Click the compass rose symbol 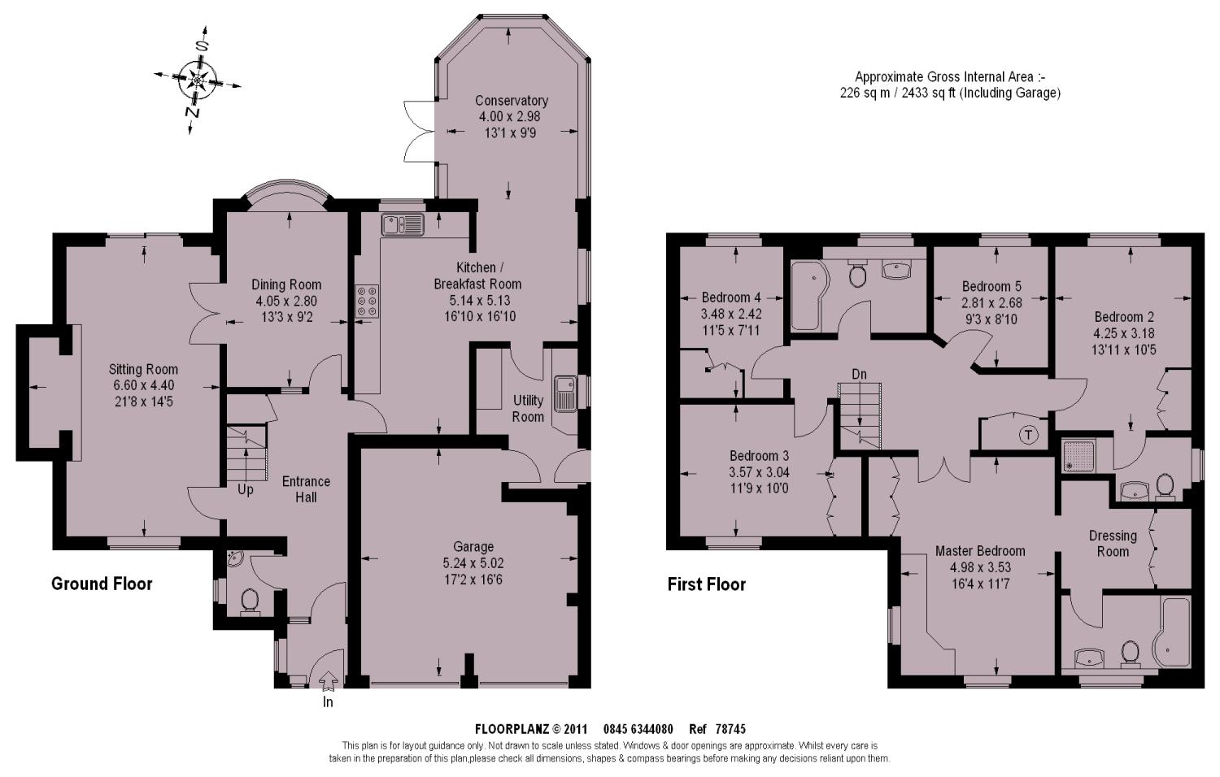coord(197,80)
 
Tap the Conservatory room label coord(512,101)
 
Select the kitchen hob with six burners coord(368,301)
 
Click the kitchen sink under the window coord(403,224)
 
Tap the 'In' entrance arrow coord(328,679)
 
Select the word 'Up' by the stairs coord(245,490)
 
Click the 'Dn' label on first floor coord(859,374)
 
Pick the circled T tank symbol coord(1028,435)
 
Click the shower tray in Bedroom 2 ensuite coord(1077,455)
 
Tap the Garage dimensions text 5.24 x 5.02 coord(473,563)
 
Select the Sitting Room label coord(143,370)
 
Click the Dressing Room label coord(1113,544)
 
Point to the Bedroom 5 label coord(991,286)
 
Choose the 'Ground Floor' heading coord(102,584)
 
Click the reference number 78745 coord(730,729)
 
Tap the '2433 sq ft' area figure coord(929,93)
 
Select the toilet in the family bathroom coord(858,274)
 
